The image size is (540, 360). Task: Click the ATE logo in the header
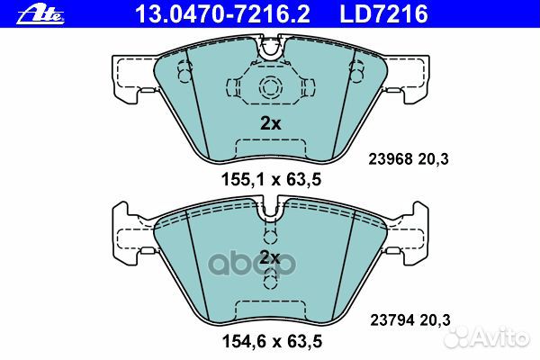coord(40,14)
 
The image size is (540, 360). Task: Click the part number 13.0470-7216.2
coord(222,13)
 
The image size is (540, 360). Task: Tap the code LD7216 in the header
coord(383,13)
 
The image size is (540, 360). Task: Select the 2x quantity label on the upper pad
coord(270,123)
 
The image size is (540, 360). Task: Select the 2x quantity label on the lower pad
coord(270,257)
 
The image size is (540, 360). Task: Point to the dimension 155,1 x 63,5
coord(271,179)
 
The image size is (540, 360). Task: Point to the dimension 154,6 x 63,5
coord(272,341)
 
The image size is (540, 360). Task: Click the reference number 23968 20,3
coord(409,159)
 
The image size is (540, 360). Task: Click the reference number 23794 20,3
coord(410,320)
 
